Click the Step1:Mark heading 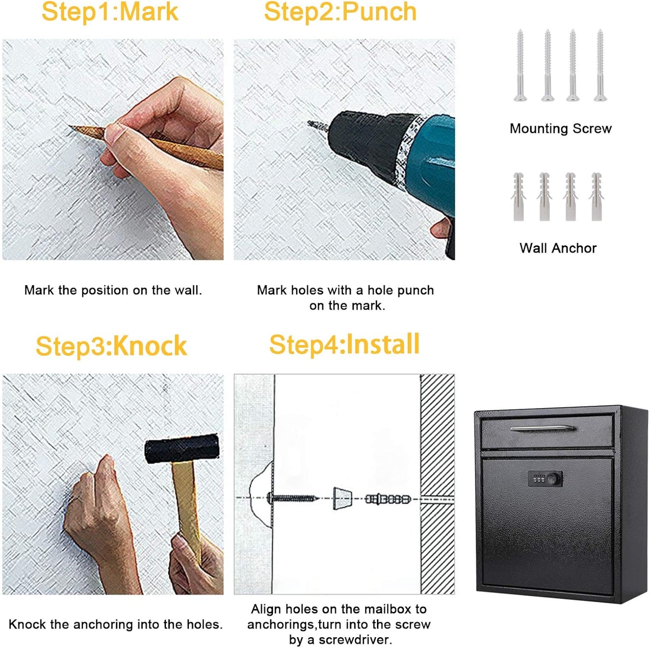pyautogui.click(x=110, y=12)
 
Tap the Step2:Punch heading pyautogui.click(x=340, y=12)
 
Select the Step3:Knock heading pyautogui.click(x=111, y=346)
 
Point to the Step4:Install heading pyautogui.click(x=344, y=345)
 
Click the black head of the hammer pyautogui.click(x=182, y=448)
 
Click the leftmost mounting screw pyautogui.click(x=520, y=65)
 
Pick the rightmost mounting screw pyautogui.click(x=600, y=65)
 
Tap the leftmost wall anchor pyautogui.click(x=519, y=197)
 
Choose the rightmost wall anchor pyautogui.click(x=596, y=197)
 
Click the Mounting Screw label pyautogui.click(x=560, y=129)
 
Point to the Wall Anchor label pyautogui.click(x=558, y=248)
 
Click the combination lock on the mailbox pyautogui.click(x=545, y=479)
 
